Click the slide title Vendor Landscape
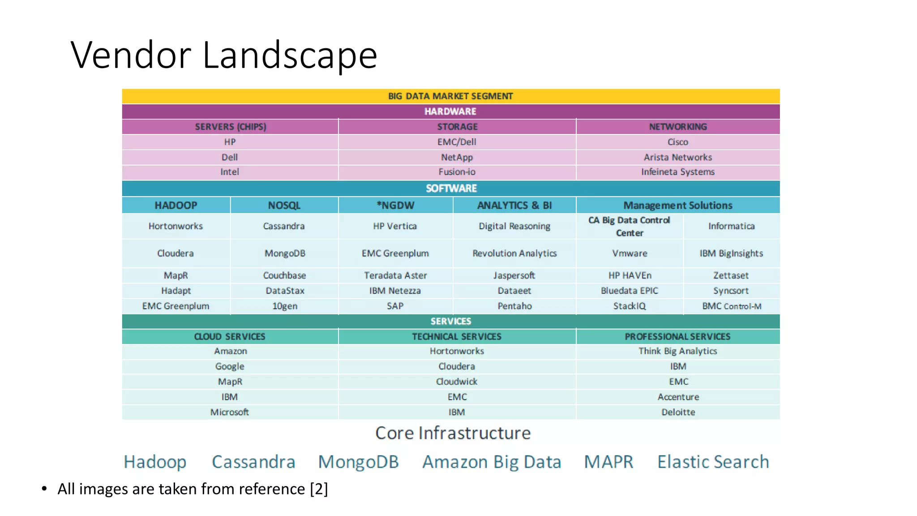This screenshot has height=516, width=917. click(x=224, y=55)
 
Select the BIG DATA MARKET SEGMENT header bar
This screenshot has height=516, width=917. click(x=450, y=96)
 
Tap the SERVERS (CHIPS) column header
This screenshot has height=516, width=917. click(x=230, y=127)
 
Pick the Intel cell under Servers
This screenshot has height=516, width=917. click(x=230, y=172)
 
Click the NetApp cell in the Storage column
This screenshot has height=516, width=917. click(x=457, y=157)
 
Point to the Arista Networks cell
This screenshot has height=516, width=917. click(x=677, y=157)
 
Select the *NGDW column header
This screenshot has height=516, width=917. click(x=395, y=205)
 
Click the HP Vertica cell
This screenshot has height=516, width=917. click(x=395, y=226)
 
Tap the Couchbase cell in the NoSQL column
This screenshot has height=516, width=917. click(x=284, y=275)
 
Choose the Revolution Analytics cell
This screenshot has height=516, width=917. click(x=514, y=254)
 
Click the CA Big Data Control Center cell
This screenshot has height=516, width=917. click(x=629, y=226)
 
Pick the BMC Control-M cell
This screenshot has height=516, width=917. click(x=731, y=306)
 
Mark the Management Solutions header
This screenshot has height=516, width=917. click(x=677, y=205)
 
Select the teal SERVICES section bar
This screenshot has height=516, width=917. click(x=450, y=321)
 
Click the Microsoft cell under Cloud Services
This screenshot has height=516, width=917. click(x=230, y=412)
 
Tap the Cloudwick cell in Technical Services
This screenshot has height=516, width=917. click(x=457, y=382)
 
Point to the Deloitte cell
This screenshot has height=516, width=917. click(x=678, y=412)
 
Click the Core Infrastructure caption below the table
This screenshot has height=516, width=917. click(x=453, y=433)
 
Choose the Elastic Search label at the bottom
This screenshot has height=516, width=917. click(x=713, y=462)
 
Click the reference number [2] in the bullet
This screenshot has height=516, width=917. click(x=319, y=489)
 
